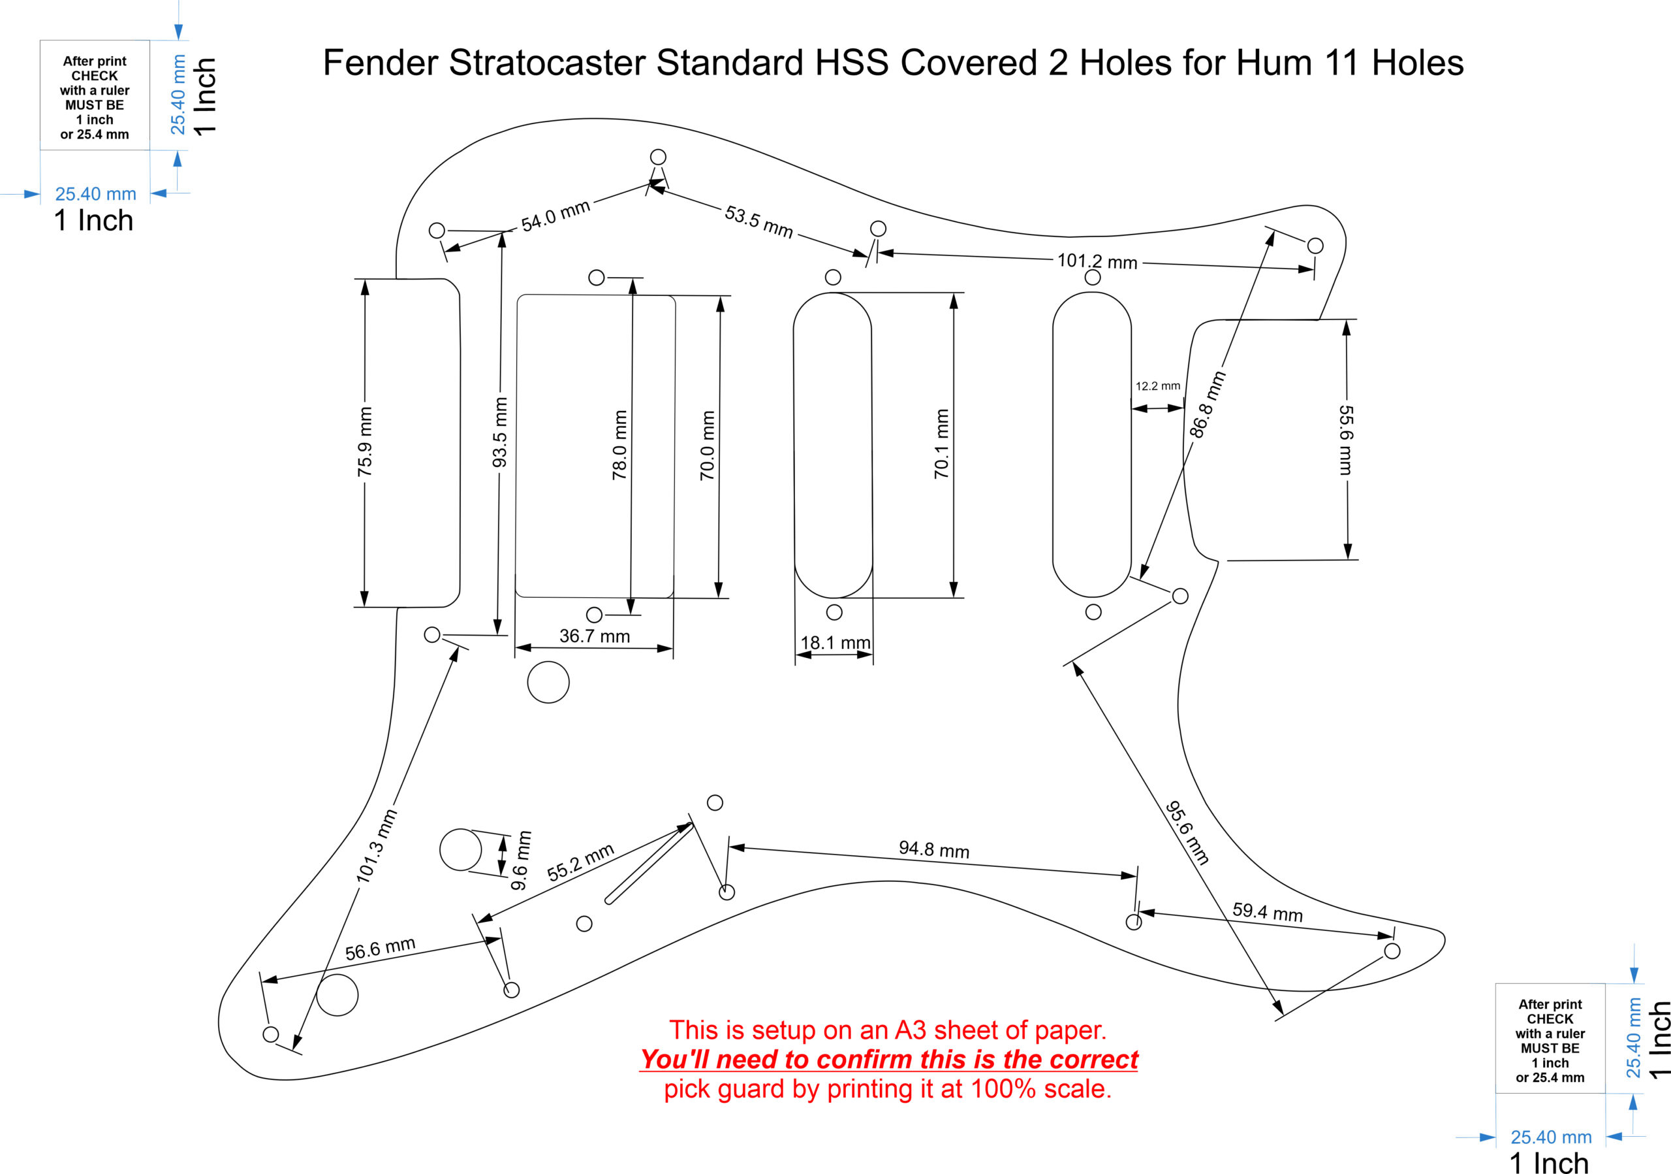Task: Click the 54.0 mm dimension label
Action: coord(555,216)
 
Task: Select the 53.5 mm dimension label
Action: coord(758,221)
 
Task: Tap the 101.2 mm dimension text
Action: coord(1097,261)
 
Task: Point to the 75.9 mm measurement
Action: coord(365,442)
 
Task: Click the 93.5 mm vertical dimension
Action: coord(500,432)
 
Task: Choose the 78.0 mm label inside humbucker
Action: coord(619,445)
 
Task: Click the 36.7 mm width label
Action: coord(594,636)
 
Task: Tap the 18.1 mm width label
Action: coord(835,642)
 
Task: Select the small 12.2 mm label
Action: coord(1157,386)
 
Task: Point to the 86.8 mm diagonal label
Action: coord(1208,404)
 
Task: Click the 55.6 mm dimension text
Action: coord(1347,440)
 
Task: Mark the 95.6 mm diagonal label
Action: coord(1187,832)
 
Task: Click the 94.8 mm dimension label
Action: coord(934,849)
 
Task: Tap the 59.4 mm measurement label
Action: coord(1267,911)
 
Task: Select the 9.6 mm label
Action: coord(521,860)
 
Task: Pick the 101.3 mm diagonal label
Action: coord(376,845)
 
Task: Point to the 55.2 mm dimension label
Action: coord(580,862)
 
